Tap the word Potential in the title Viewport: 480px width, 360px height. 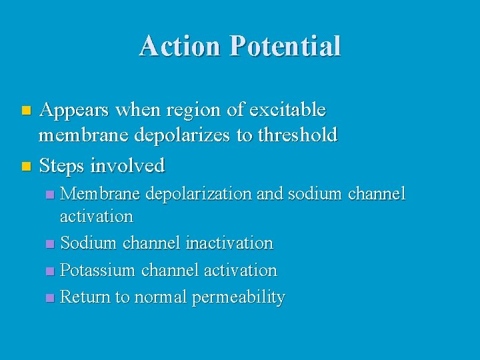tap(285, 46)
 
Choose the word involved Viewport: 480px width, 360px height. tap(127, 164)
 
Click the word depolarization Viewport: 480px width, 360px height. tap(199, 194)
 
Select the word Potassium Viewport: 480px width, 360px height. tap(92, 271)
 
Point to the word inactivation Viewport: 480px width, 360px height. tap(229, 243)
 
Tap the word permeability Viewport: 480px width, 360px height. tap(238, 298)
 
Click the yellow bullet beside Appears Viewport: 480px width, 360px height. tap(26, 109)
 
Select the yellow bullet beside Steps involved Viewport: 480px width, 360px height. tap(26, 165)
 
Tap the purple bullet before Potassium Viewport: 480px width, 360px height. tap(49, 271)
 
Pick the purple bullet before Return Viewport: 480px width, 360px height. tap(49, 298)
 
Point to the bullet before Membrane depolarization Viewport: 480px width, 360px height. tap(49, 195)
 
